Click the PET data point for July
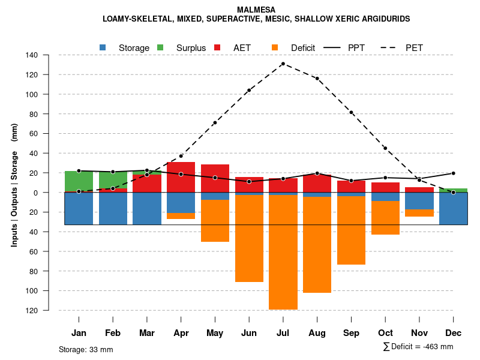click(283, 64)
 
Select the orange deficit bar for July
click(283, 252)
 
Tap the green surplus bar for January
click(79, 182)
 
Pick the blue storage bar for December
click(453, 208)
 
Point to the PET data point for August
click(317, 79)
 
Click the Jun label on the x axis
click(249, 333)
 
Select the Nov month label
click(419, 333)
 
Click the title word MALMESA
click(256, 10)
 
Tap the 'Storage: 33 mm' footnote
click(86, 349)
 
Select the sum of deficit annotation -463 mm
click(418, 347)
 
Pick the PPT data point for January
click(79, 171)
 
